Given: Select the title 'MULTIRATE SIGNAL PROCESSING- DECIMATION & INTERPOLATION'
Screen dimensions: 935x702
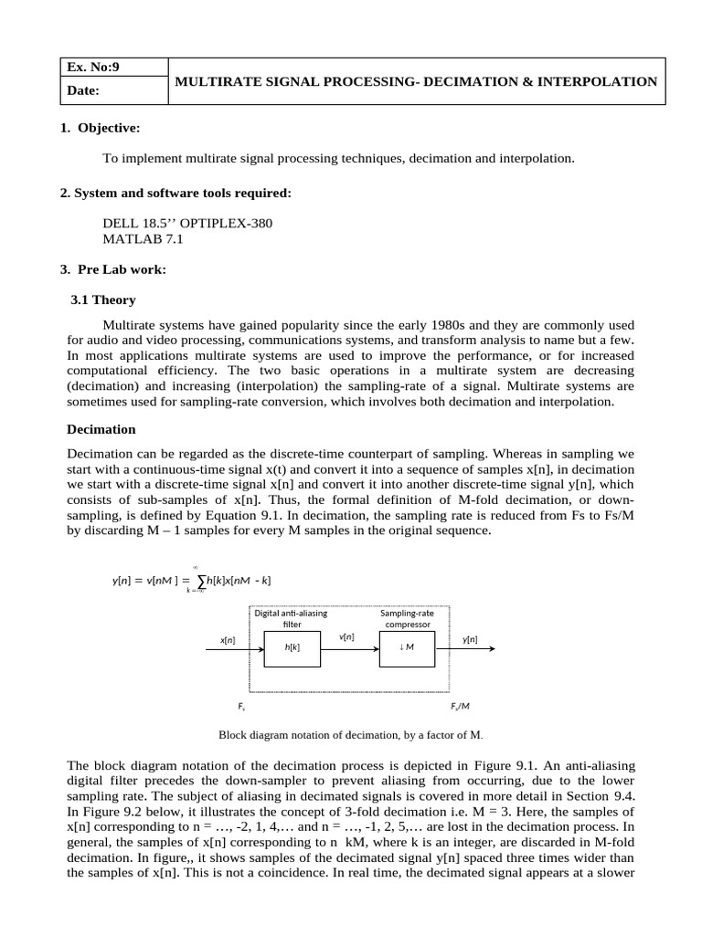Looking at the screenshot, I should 416,81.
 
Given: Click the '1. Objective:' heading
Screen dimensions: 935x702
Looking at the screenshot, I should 100,127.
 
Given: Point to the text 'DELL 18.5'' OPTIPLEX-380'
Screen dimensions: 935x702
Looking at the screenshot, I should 187,224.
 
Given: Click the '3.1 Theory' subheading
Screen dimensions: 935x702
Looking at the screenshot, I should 102,299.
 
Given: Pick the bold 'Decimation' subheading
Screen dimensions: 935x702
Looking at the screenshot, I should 102,428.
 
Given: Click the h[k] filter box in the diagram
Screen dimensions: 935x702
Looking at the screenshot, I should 292,647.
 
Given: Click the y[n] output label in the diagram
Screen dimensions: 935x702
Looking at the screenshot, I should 470,640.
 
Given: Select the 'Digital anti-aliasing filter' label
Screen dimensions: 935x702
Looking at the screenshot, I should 292,618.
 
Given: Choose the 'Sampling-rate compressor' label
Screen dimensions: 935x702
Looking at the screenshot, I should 407,618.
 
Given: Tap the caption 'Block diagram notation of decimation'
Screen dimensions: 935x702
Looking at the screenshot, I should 351,734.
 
